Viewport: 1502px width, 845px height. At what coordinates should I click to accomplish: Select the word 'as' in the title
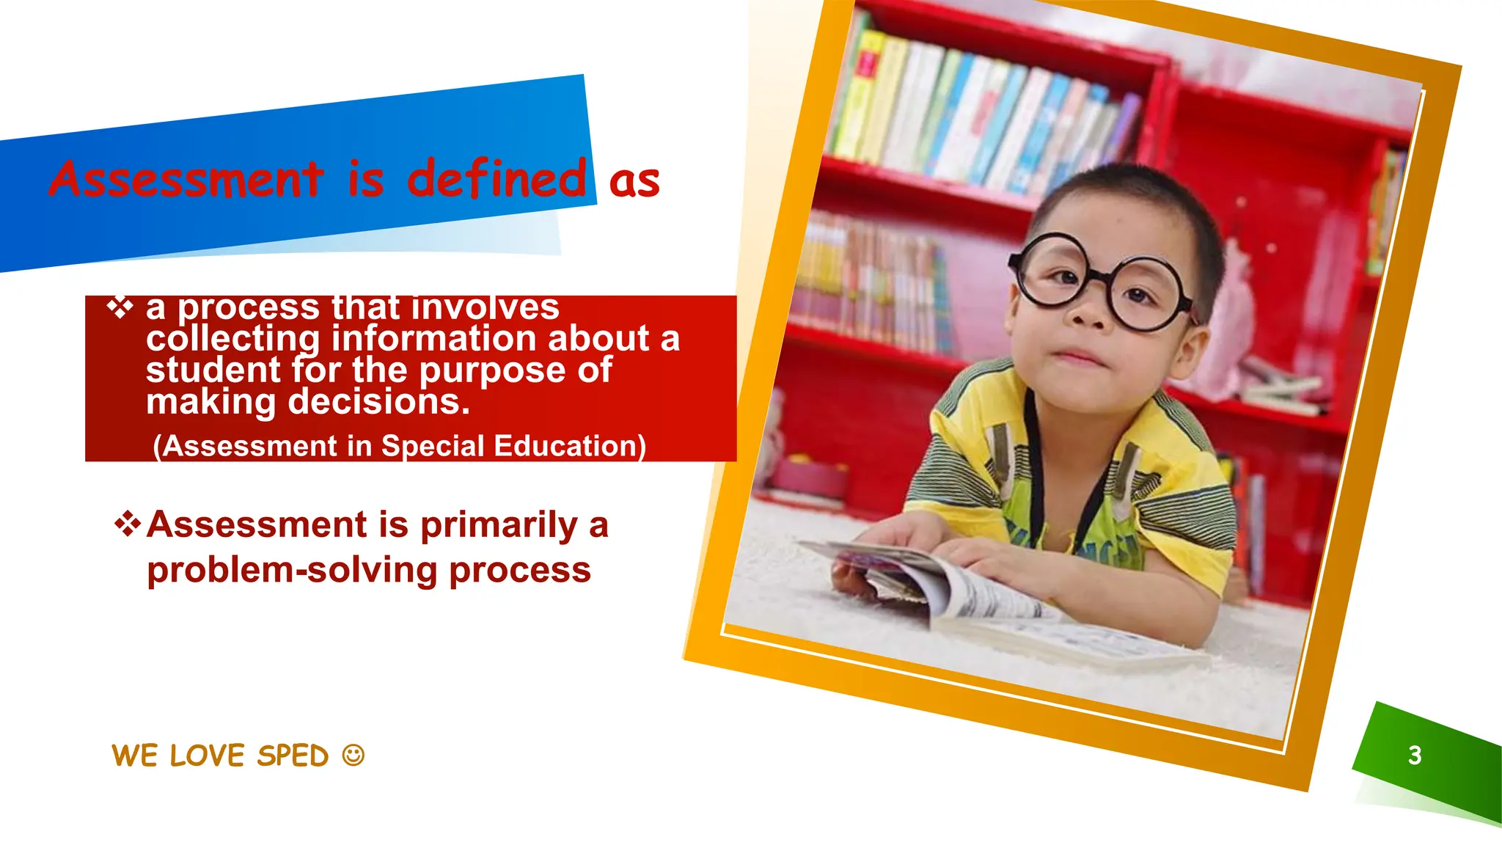[x=634, y=182]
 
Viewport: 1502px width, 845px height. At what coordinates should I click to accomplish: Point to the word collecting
[x=232, y=339]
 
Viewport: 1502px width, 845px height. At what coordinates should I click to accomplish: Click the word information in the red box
[x=433, y=338]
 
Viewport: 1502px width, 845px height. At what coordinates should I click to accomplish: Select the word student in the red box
[x=213, y=370]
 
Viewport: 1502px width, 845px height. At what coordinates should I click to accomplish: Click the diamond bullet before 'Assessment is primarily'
[x=128, y=524]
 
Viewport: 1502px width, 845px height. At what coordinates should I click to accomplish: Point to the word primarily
[x=499, y=525]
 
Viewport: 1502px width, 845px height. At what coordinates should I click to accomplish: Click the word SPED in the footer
[x=293, y=756]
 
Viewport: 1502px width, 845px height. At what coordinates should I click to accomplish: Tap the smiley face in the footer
[x=353, y=755]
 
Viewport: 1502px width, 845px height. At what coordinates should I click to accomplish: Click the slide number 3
[x=1415, y=755]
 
